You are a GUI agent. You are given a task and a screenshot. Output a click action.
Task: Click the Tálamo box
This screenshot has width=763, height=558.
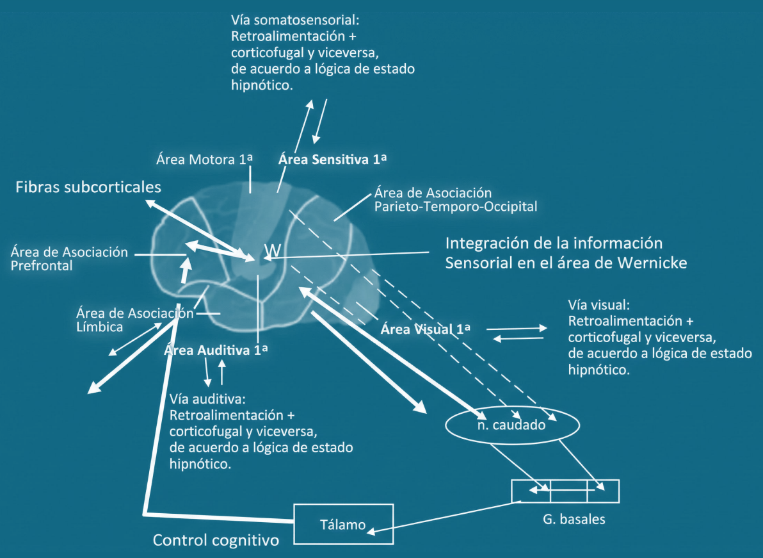click(343, 525)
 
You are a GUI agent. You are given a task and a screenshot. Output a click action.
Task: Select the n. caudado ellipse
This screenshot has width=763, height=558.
click(510, 425)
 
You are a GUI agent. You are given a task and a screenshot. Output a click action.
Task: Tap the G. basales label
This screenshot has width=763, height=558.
click(573, 520)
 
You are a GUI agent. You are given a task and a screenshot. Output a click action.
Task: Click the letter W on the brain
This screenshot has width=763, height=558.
click(271, 250)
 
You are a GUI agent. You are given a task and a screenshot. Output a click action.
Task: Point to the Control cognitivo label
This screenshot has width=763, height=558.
click(216, 541)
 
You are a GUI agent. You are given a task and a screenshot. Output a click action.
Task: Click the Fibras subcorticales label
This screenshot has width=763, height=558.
click(88, 187)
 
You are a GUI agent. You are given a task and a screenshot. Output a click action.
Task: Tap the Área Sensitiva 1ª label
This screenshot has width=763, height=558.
click(333, 160)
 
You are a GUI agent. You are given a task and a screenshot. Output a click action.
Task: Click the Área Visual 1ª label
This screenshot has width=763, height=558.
click(426, 330)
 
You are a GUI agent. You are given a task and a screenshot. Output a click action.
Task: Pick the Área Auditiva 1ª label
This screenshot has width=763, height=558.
click(216, 350)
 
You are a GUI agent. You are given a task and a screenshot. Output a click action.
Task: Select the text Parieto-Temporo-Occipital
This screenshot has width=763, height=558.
click(456, 207)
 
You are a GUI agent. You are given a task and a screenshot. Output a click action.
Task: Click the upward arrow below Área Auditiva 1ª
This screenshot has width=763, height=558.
click(222, 372)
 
